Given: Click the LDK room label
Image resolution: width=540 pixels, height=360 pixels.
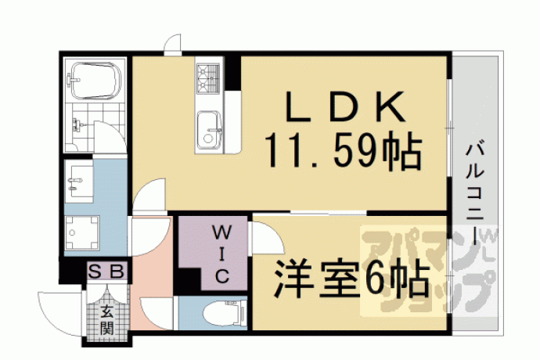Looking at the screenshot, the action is (346, 106).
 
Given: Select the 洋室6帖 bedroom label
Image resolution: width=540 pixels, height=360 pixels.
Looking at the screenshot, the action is (352, 279).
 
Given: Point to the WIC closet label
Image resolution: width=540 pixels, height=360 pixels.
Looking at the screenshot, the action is (221, 254).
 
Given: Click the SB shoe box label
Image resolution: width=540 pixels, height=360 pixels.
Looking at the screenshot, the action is (106, 272).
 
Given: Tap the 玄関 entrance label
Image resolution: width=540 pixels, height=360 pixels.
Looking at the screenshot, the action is (106, 319).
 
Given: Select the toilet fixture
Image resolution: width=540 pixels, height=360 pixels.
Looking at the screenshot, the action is (224, 312).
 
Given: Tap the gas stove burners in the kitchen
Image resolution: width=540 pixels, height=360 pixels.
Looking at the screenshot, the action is (208, 78).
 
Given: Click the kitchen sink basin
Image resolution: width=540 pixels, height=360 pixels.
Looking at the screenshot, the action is (209, 130).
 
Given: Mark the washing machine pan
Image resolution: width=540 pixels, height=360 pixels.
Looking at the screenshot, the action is (82, 232).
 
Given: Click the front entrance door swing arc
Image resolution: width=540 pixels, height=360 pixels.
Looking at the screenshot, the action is (52, 315).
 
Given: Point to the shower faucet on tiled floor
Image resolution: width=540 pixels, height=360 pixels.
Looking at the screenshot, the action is (77, 125).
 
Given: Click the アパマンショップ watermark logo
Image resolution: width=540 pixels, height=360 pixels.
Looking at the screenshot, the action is (429, 271).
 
